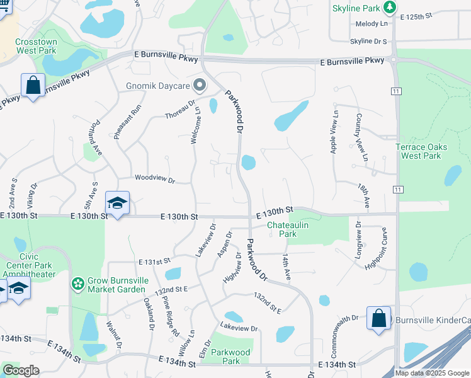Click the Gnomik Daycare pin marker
pos(200,84)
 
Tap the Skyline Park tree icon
pos(391,7)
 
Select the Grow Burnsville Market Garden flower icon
pos(78,284)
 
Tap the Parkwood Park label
pos(231,357)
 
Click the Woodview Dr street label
pos(154,179)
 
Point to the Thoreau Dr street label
pos(181,108)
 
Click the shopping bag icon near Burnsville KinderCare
pos(378,318)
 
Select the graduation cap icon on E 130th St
pos(116,203)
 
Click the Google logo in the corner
pos(21,370)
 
